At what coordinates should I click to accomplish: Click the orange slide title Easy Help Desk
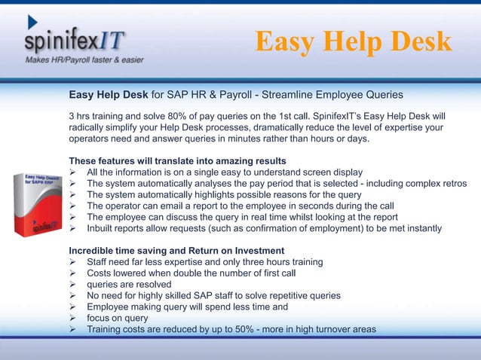coord(353,42)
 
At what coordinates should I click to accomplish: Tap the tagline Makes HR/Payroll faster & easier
coord(84,59)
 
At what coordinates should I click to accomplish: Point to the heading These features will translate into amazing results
coord(177,161)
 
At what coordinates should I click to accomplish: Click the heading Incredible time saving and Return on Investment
coord(176,250)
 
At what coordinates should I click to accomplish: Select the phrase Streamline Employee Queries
coord(332,95)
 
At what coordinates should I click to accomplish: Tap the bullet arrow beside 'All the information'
coord(73,172)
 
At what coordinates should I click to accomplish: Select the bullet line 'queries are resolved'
coord(128,284)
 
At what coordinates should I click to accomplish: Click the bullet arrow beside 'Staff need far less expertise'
coord(73,261)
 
